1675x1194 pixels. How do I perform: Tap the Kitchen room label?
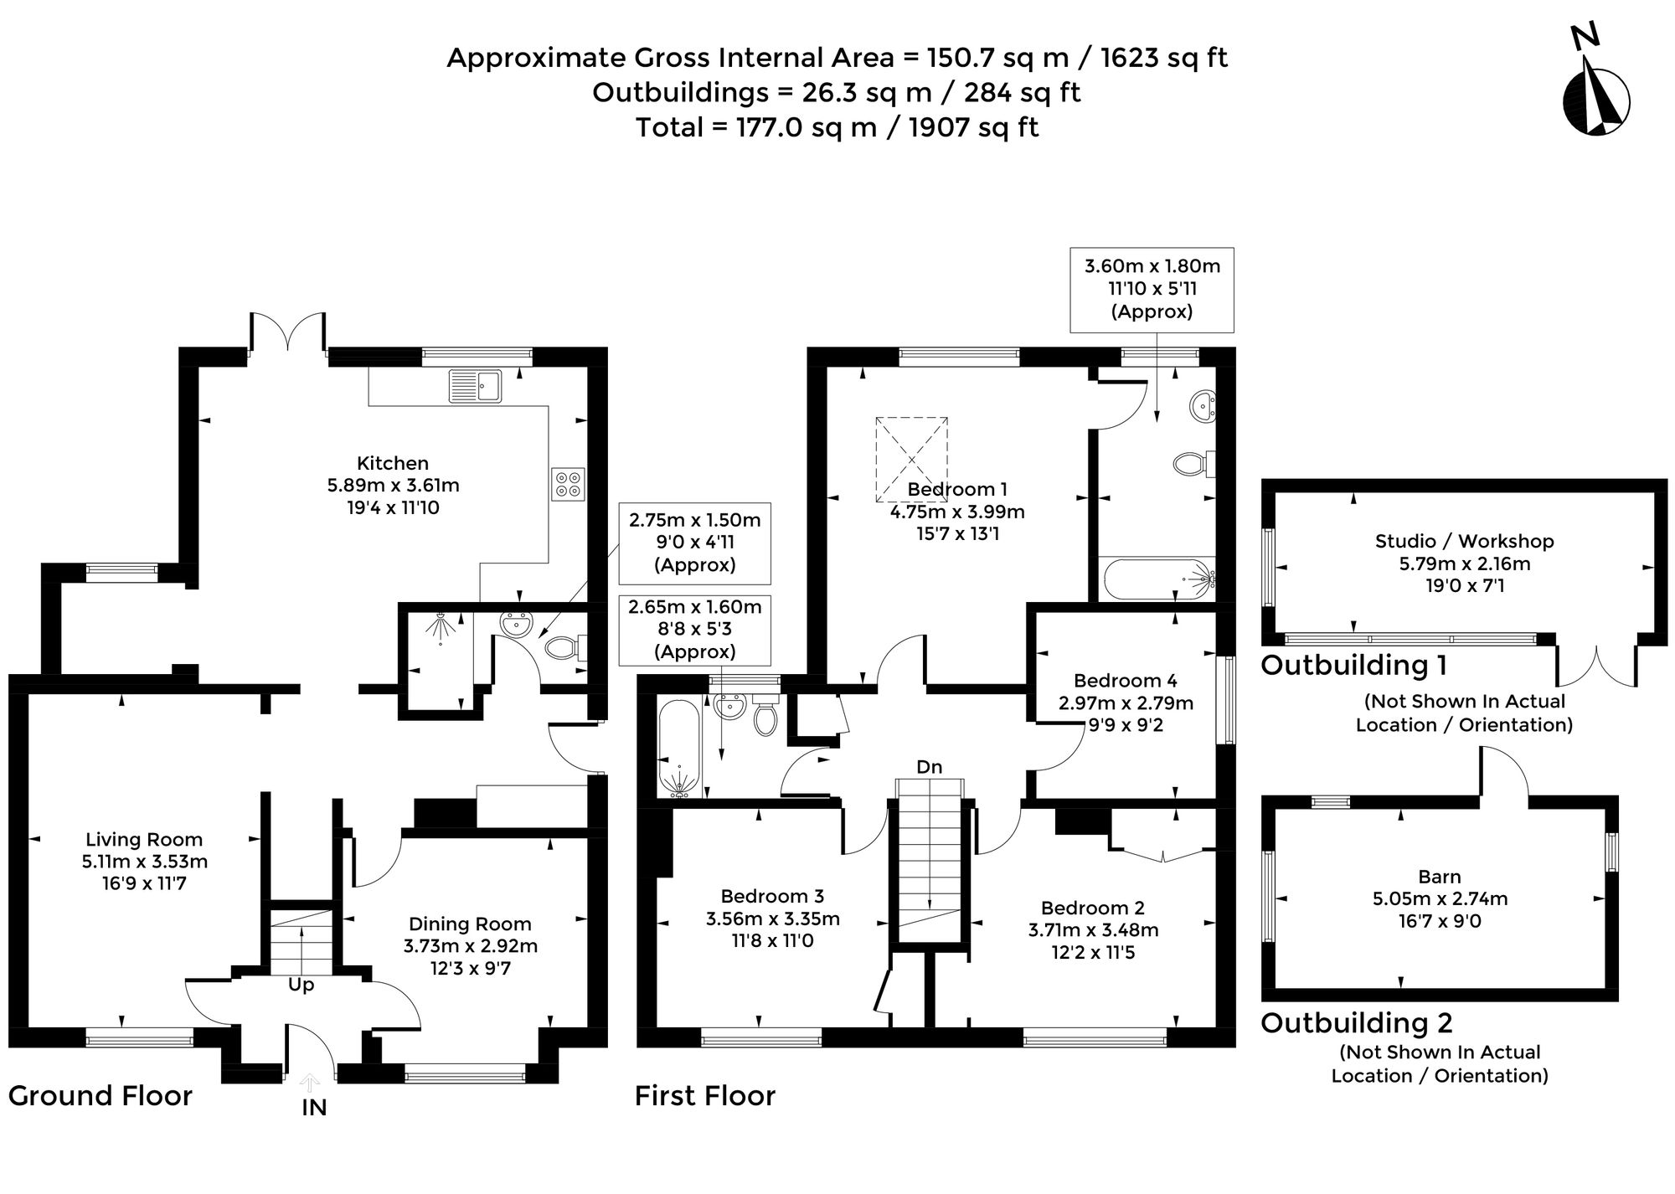[x=393, y=463]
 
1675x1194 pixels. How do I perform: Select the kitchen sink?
[x=475, y=386]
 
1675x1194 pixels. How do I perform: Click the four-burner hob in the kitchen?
[x=568, y=483]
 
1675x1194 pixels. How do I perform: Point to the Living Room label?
[x=144, y=839]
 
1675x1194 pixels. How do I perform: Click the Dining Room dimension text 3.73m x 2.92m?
[x=471, y=946]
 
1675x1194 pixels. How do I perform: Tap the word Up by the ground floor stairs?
[x=301, y=985]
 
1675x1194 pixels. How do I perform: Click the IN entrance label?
[x=314, y=1108]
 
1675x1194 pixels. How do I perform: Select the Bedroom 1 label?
[x=957, y=489]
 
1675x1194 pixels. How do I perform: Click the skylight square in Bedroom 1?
[x=912, y=458]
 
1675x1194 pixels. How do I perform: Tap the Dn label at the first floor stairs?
[x=929, y=767]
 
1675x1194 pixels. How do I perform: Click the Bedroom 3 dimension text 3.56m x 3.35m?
[x=773, y=919]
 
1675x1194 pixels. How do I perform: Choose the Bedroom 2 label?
[x=1093, y=908]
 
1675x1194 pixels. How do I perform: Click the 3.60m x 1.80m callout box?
[x=1152, y=290]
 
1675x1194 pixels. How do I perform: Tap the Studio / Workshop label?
[x=1465, y=541]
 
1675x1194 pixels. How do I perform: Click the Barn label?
[x=1440, y=877]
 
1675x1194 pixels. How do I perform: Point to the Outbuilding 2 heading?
[x=1357, y=1022]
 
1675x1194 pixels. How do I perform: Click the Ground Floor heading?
[x=100, y=1095]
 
